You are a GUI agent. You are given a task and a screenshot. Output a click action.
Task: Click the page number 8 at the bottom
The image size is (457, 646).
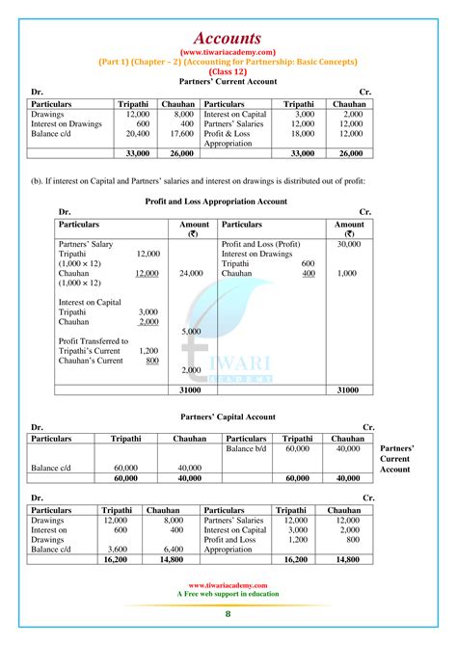click(228, 614)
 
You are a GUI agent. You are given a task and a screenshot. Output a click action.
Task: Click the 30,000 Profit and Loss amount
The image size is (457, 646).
click(349, 244)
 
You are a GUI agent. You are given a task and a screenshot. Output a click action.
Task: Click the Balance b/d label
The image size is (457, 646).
click(246, 448)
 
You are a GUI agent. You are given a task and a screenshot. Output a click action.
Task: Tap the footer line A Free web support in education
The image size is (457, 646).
click(228, 593)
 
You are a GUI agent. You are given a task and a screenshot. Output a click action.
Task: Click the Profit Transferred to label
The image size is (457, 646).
click(94, 340)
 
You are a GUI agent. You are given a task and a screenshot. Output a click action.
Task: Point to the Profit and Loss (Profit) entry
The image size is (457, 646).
click(261, 244)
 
